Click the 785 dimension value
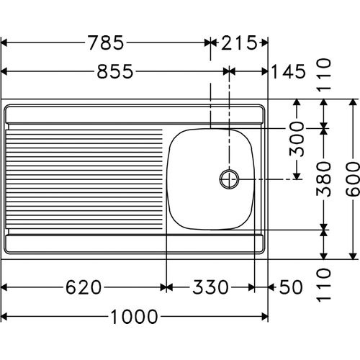pyautogui.click(x=106, y=43)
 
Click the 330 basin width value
pyautogui.click(x=210, y=287)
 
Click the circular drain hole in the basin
pyautogui.click(x=230, y=179)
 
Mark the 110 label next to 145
pyautogui.click(x=325, y=72)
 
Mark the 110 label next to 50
pyautogui.click(x=325, y=284)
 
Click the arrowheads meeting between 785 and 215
pyautogui.click(x=211, y=43)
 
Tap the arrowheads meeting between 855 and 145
pyautogui.click(x=230, y=71)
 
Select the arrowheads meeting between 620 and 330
pyautogui.click(x=166, y=287)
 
